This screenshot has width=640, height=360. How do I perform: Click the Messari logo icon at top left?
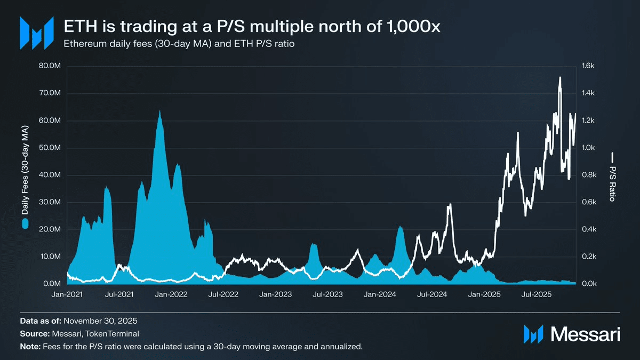pyautogui.click(x=36, y=33)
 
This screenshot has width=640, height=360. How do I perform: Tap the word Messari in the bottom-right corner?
pyautogui.click(x=585, y=334)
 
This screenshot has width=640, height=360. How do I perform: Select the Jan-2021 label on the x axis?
pyautogui.click(x=67, y=294)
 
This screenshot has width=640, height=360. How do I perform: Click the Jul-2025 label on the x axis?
pyautogui.click(x=536, y=294)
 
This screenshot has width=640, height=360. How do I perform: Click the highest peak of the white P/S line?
pyautogui.click(x=559, y=78)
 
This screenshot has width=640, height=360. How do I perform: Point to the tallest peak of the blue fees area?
pyautogui.click(x=159, y=112)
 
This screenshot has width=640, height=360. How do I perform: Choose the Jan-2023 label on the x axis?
pyautogui.click(x=275, y=294)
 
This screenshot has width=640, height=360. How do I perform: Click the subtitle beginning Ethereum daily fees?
pyautogui.click(x=179, y=44)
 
